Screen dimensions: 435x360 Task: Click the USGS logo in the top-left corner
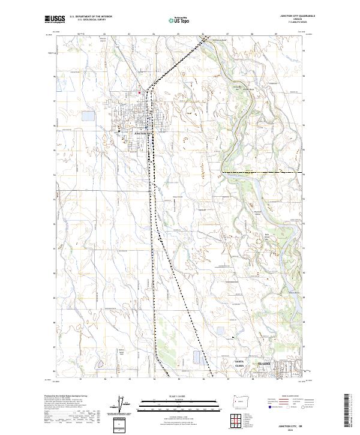tap(55, 19)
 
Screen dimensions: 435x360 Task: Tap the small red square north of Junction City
tap(140, 92)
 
